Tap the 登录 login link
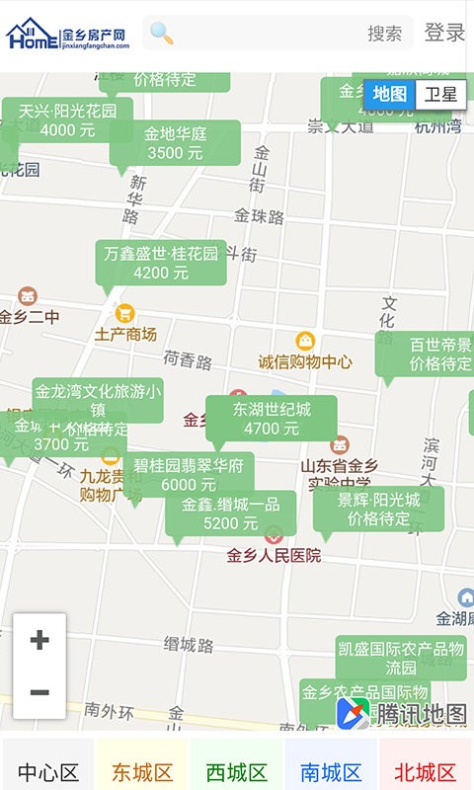coord(444,33)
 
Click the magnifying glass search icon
coord(162,34)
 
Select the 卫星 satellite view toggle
coord(440,95)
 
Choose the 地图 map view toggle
coord(390,95)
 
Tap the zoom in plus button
coord(39,640)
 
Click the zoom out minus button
coord(39,692)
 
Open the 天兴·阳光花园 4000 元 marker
coord(67,120)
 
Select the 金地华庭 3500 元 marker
coord(175,143)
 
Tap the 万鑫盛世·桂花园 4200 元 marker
coord(161,263)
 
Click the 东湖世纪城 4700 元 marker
coord(272,419)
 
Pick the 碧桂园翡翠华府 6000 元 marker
coord(189,475)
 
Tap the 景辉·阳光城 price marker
coord(379,510)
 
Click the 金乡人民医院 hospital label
coord(274,556)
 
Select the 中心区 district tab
coord(47,772)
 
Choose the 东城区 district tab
coord(142,772)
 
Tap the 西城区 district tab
coord(237,772)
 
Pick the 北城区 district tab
coord(426,772)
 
